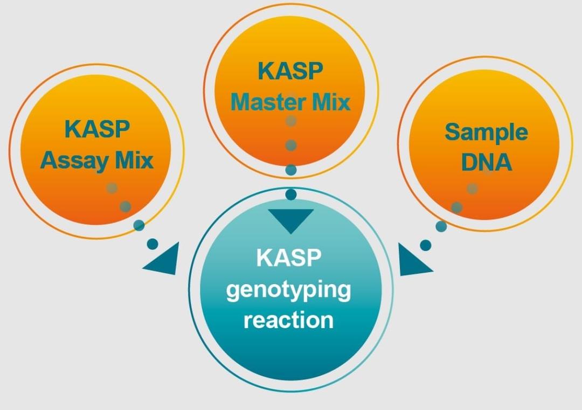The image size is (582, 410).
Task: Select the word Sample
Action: (486, 132)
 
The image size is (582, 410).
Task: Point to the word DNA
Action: (486, 162)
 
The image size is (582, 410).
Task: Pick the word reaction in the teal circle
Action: (288, 319)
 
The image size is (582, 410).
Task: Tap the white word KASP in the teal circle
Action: (288, 259)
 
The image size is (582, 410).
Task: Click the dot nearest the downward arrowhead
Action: (291, 194)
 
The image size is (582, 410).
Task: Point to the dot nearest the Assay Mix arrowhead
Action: (153, 244)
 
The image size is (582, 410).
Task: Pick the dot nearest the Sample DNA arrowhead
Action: (426, 245)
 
